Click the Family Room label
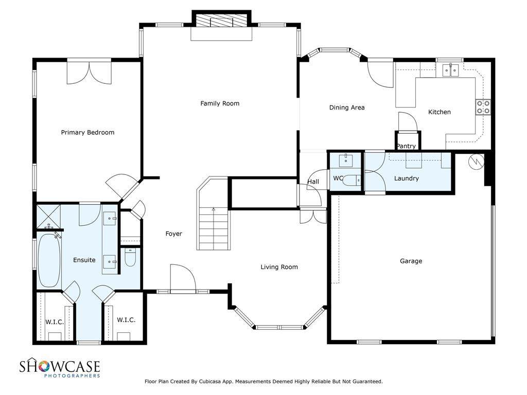[x=220, y=103]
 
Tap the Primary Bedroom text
[x=87, y=132]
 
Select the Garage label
[x=411, y=261]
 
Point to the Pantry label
[x=406, y=146]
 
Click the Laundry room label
[x=407, y=178]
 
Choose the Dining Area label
[x=347, y=107]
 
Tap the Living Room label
[x=279, y=267]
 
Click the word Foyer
[x=174, y=234]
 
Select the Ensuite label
[x=84, y=260]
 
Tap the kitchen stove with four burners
[x=483, y=107]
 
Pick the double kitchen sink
[x=450, y=70]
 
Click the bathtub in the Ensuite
[x=49, y=260]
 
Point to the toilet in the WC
[x=353, y=181]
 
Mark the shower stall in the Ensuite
[x=48, y=216]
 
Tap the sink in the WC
[x=345, y=160]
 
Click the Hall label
[x=313, y=182]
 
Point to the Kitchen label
[x=440, y=112]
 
